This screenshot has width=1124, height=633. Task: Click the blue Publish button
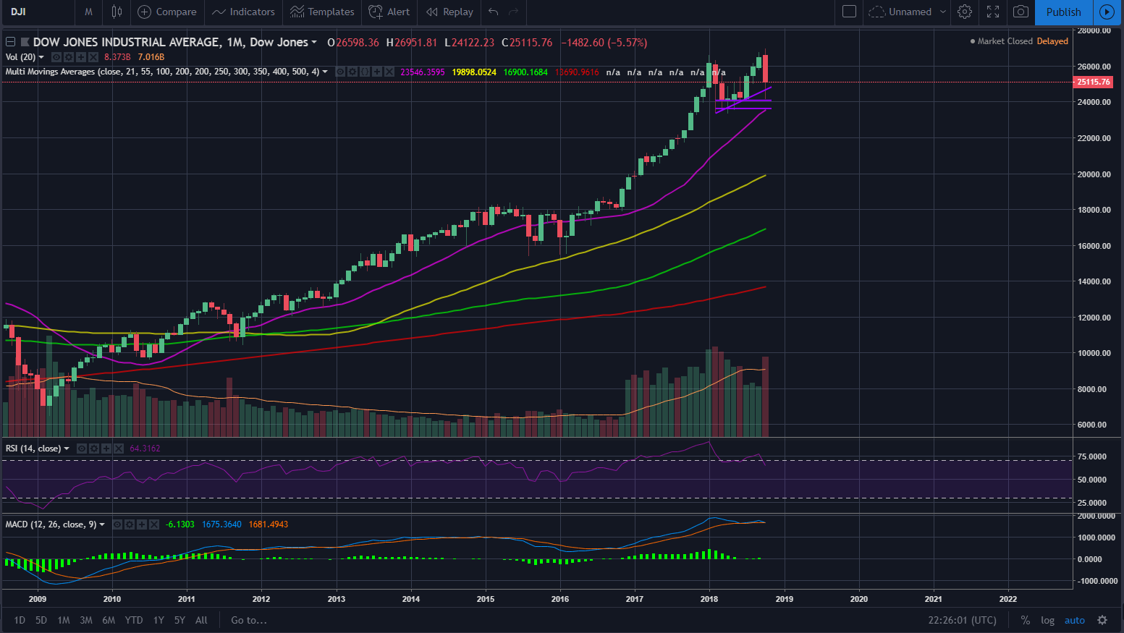click(1063, 12)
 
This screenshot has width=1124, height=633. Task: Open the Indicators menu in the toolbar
click(244, 12)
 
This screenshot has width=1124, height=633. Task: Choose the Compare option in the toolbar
click(167, 12)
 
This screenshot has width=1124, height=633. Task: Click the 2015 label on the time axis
click(486, 598)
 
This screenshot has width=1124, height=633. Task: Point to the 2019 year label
click(784, 598)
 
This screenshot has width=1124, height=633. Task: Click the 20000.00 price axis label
click(1094, 174)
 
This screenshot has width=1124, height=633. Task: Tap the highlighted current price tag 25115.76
click(1093, 82)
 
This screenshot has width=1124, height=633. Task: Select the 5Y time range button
click(179, 620)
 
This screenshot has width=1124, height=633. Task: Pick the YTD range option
click(134, 620)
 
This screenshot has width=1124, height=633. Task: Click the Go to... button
click(249, 620)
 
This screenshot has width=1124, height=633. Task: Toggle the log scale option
click(1047, 620)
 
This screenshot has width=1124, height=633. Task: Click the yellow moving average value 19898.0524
click(474, 72)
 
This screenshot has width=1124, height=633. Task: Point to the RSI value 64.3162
click(145, 449)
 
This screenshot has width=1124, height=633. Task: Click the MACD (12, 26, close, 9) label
click(51, 524)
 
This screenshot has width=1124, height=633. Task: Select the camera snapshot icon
click(1021, 12)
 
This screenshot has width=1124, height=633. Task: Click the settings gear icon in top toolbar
click(964, 12)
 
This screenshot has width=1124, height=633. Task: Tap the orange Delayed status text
click(1052, 41)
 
